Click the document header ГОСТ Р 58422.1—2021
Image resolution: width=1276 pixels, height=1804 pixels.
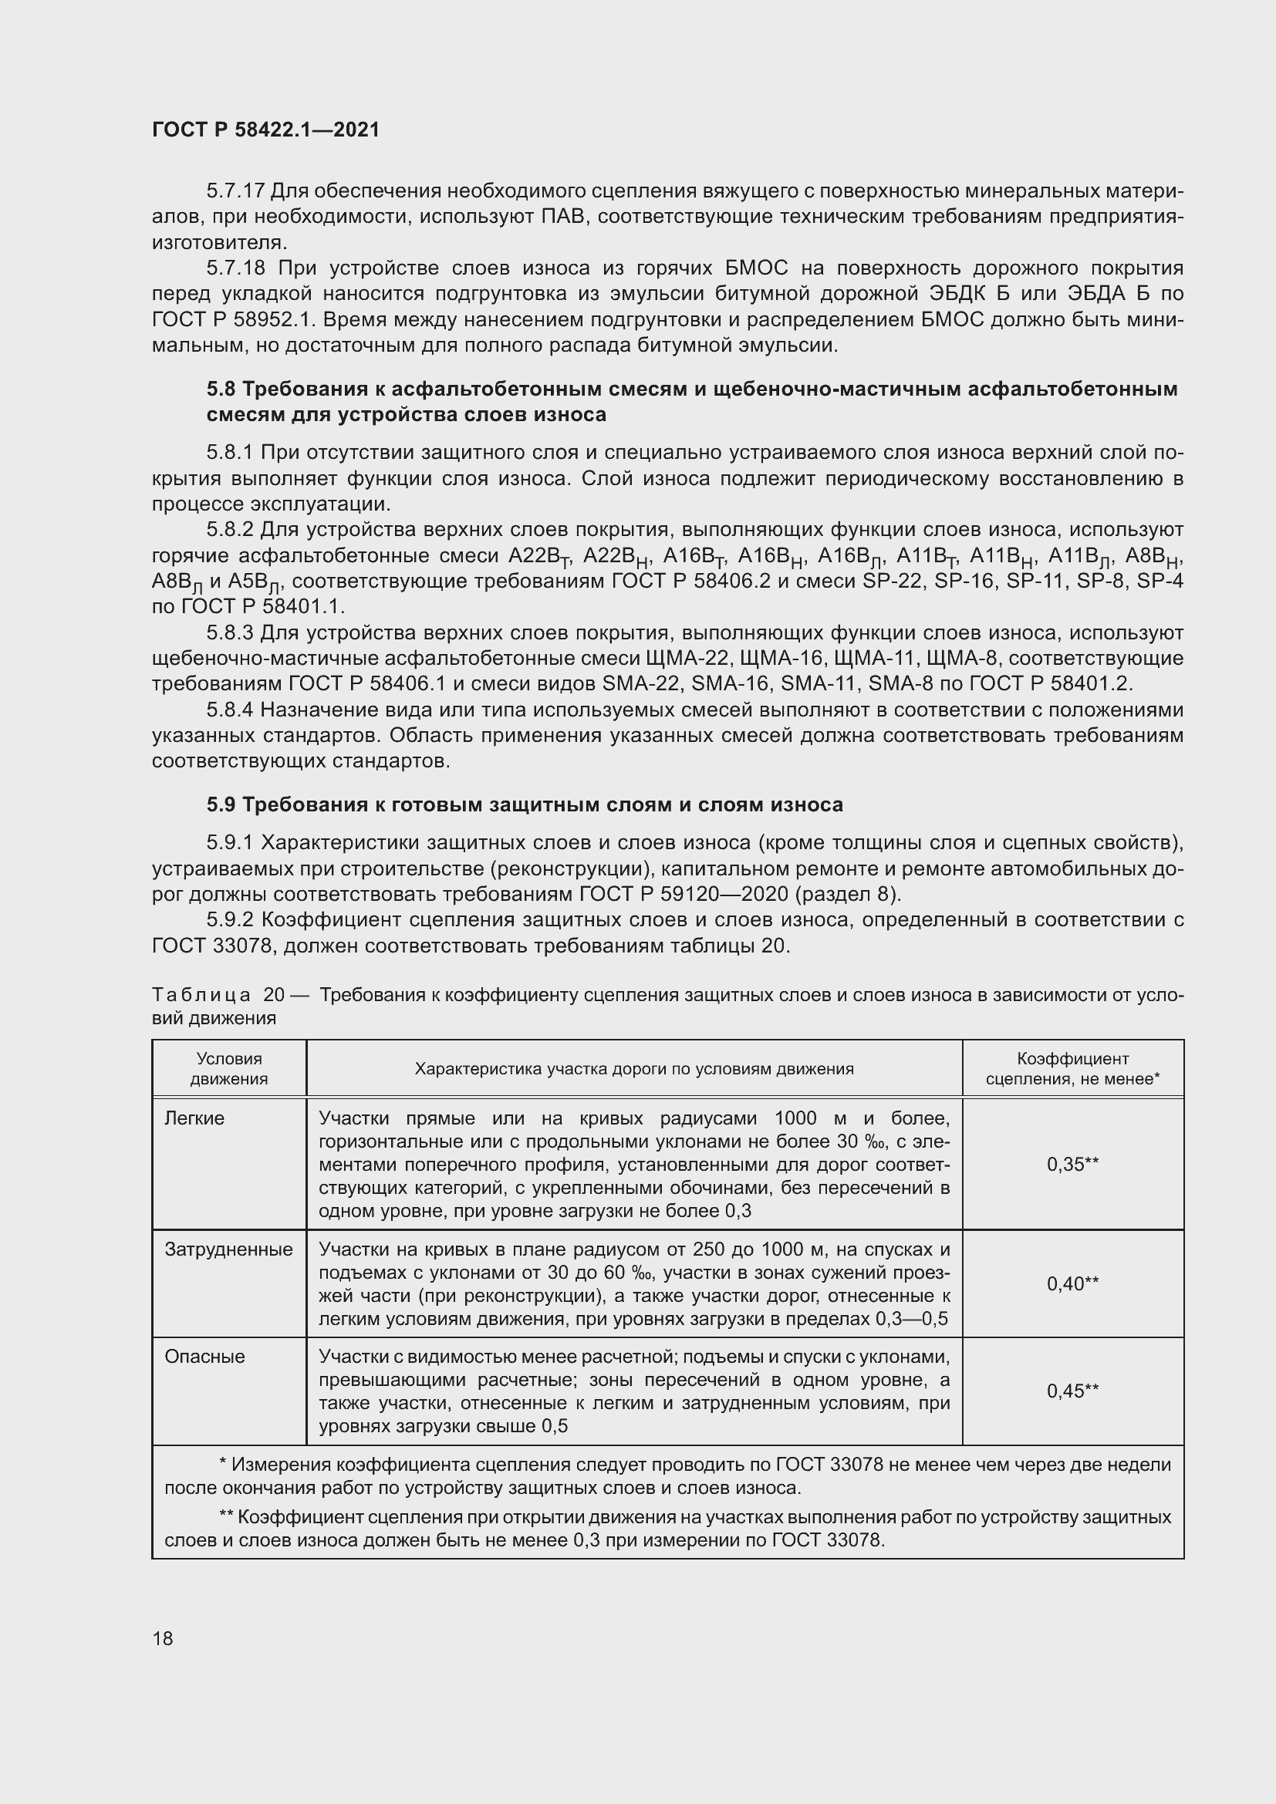pos(265,130)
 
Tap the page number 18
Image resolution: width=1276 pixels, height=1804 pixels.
pos(163,1638)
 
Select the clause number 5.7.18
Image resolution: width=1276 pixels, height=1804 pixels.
pos(236,268)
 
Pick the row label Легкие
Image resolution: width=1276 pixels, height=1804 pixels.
pos(194,1119)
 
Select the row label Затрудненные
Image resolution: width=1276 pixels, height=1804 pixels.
pos(228,1250)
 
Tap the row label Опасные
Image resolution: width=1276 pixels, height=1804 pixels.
pos(204,1357)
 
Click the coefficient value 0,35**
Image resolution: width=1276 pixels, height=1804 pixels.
pos(1072,1165)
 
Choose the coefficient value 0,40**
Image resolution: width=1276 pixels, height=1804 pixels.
pos(1072,1284)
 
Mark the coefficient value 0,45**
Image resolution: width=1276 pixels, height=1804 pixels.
pos(1072,1391)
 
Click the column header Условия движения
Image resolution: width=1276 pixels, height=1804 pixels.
pos(228,1068)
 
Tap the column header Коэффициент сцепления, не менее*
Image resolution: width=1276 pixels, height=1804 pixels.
pos(1072,1068)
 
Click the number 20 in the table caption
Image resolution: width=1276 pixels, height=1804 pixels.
pos(273,995)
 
